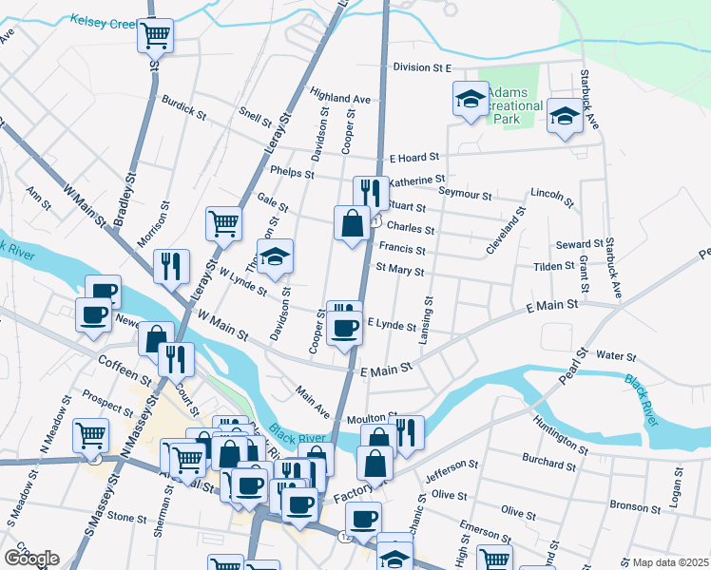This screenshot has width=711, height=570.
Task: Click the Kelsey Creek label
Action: click(104, 20)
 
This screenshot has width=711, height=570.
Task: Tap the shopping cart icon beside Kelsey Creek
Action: click(155, 36)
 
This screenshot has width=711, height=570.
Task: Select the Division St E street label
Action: click(421, 68)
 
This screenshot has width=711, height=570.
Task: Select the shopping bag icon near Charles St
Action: click(352, 223)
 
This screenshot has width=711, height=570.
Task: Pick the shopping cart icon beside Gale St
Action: click(224, 223)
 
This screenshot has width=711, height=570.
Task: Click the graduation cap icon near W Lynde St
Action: click(276, 256)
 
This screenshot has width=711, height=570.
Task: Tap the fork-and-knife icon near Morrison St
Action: click(171, 266)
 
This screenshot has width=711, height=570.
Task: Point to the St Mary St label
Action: click(399, 271)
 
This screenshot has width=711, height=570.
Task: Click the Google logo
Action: click(30, 559)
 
